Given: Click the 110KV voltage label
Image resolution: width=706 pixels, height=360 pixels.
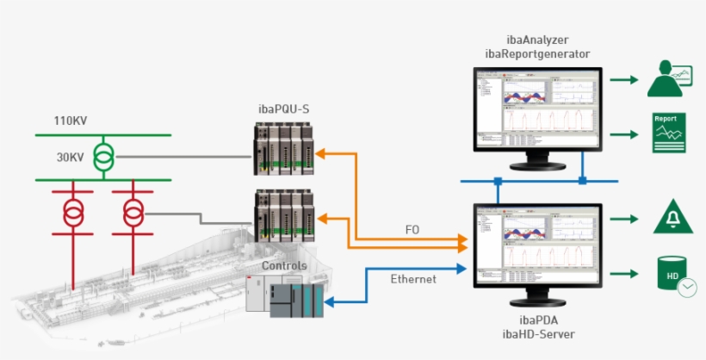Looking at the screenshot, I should point(72,121).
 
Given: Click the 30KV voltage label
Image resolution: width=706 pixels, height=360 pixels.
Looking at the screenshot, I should point(71,158).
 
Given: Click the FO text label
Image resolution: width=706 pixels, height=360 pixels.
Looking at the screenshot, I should point(413,231).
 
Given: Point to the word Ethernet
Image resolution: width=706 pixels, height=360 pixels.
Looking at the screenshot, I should point(413,279).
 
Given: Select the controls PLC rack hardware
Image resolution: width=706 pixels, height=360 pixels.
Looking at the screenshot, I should point(285,295).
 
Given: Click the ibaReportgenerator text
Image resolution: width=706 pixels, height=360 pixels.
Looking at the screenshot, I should point(536,54).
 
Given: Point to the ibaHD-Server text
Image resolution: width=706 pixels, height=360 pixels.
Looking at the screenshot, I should point(536,333).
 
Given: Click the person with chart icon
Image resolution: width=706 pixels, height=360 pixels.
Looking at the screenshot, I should point(672,79).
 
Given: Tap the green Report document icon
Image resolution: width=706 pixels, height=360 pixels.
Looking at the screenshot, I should point(668,133).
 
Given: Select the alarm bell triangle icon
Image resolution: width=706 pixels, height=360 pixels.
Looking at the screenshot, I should point(669,217).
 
